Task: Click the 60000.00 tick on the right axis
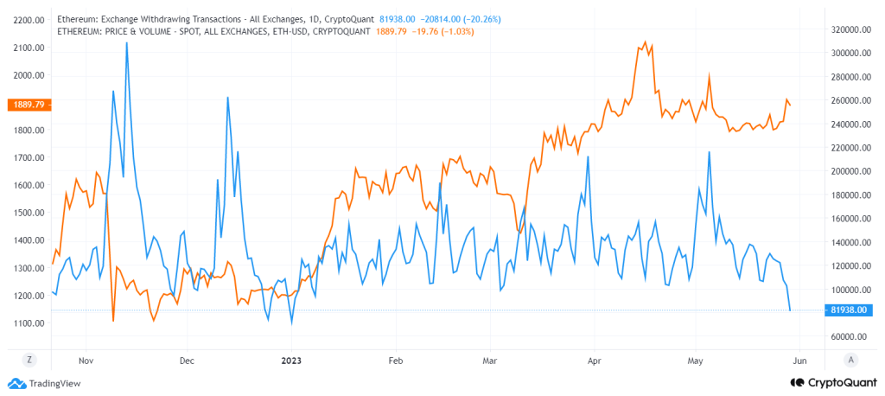[x=848, y=336]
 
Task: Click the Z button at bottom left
[x=29, y=358]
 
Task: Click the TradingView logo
[x=44, y=383]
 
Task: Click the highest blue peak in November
[x=127, y=42]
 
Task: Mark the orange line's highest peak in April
[x=645, y=42]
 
